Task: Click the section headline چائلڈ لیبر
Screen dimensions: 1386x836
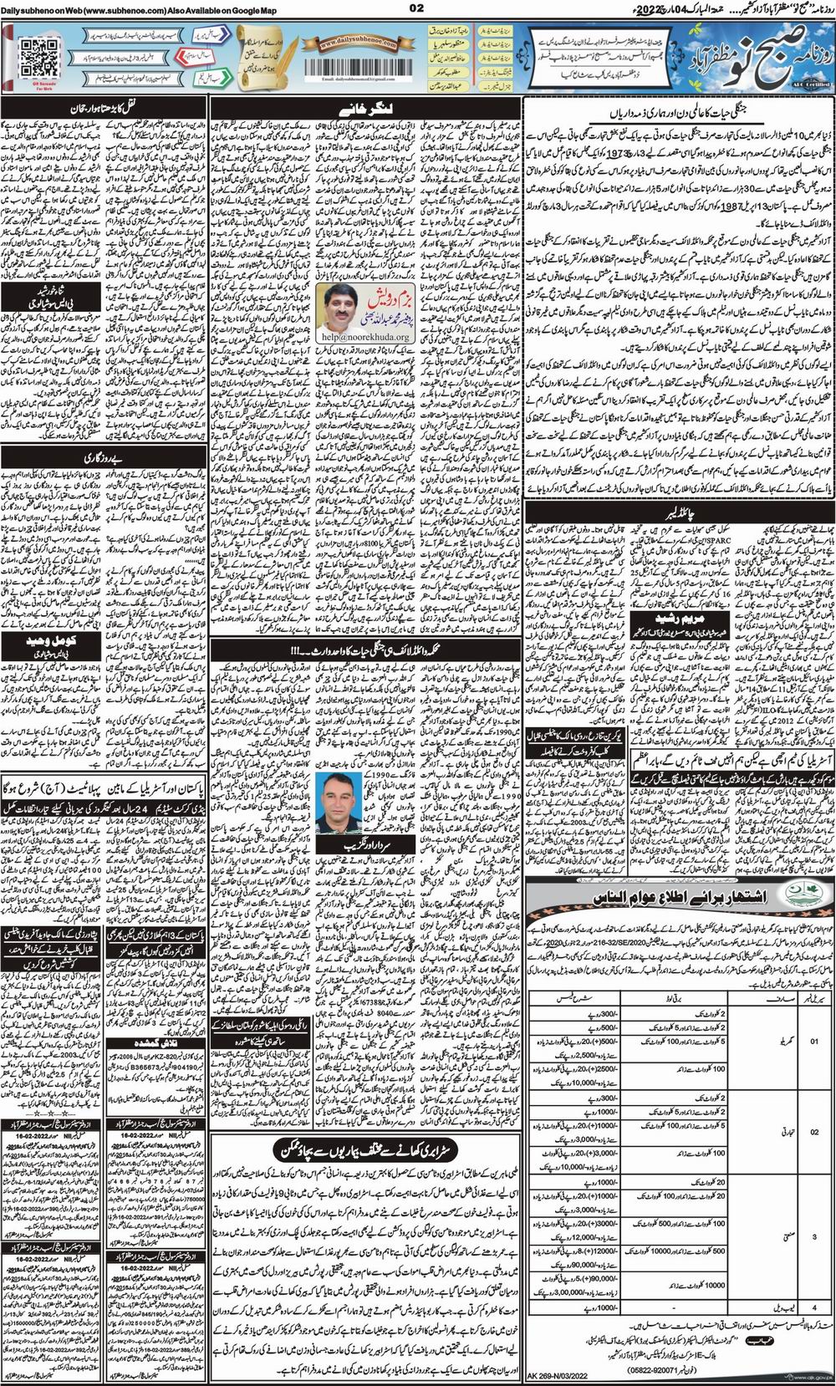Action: pyautogui.click(x=679, y=507)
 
